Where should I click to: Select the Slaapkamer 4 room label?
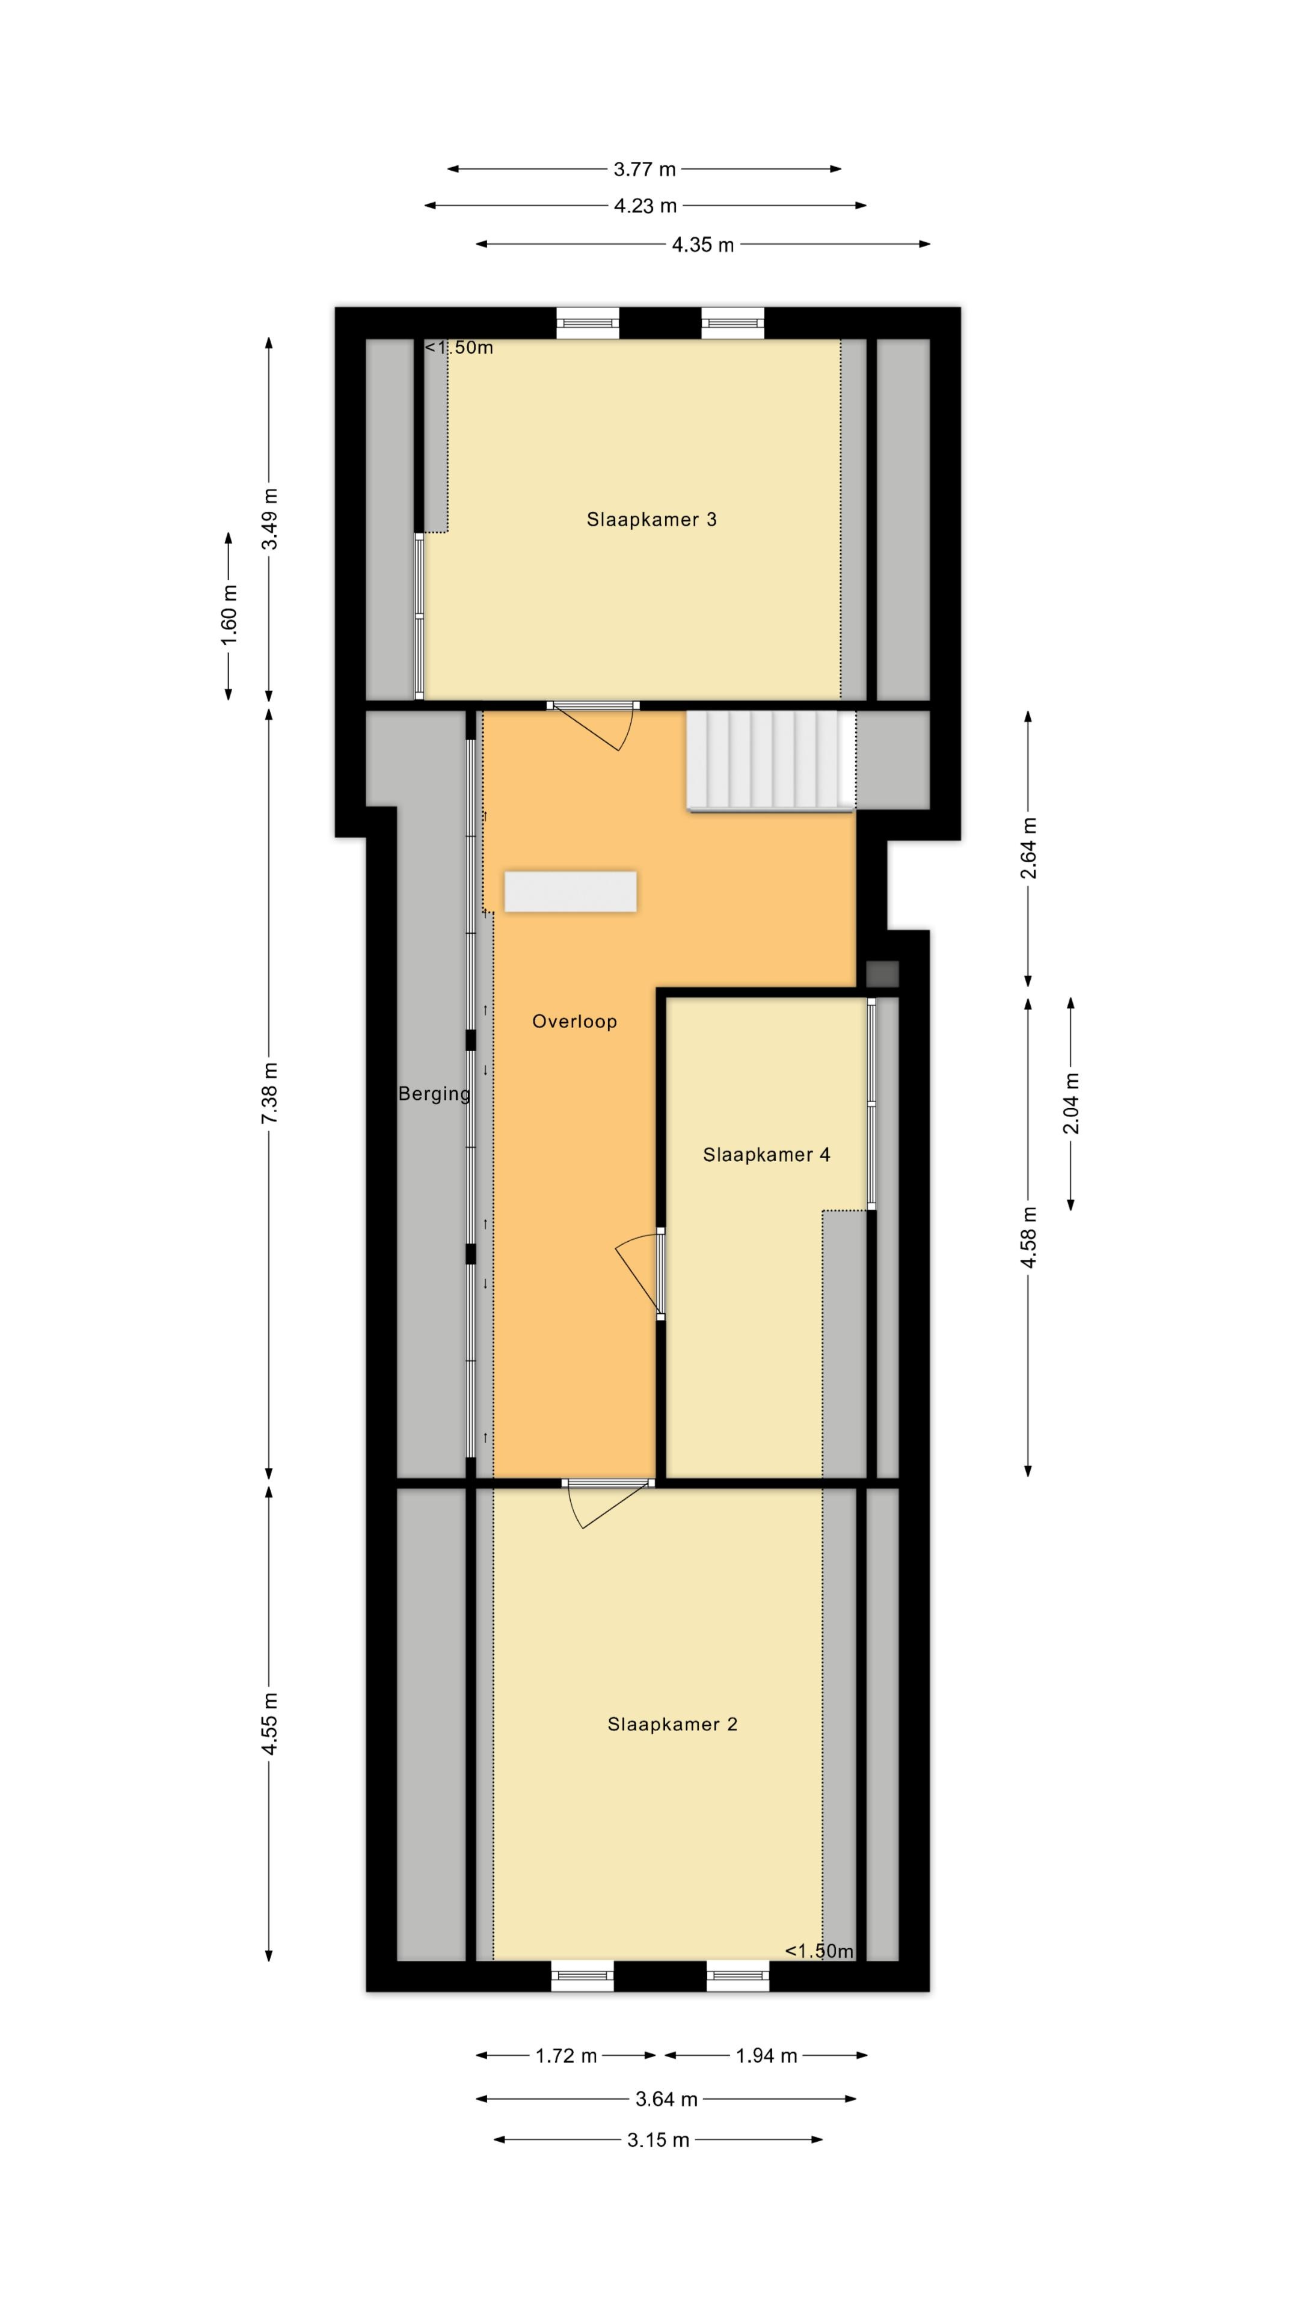click(767, 1154)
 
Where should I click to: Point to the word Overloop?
click(575, 1022)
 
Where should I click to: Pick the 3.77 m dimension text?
click(645, 168)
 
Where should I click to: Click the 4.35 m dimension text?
click(703, 245)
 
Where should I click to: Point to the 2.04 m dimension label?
click(1071, 1103)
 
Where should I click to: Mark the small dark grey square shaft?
click(882, 974)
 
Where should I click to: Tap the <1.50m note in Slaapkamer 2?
click(819, 1951)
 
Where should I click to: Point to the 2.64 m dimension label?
click(1028, 847)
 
